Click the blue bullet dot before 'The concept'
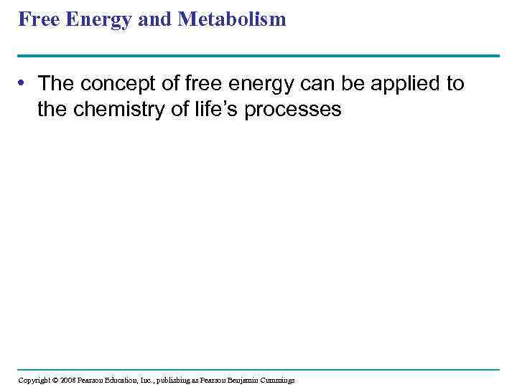click(24, 84)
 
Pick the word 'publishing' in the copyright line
click(179, 380)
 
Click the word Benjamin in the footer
click(248, 380)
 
